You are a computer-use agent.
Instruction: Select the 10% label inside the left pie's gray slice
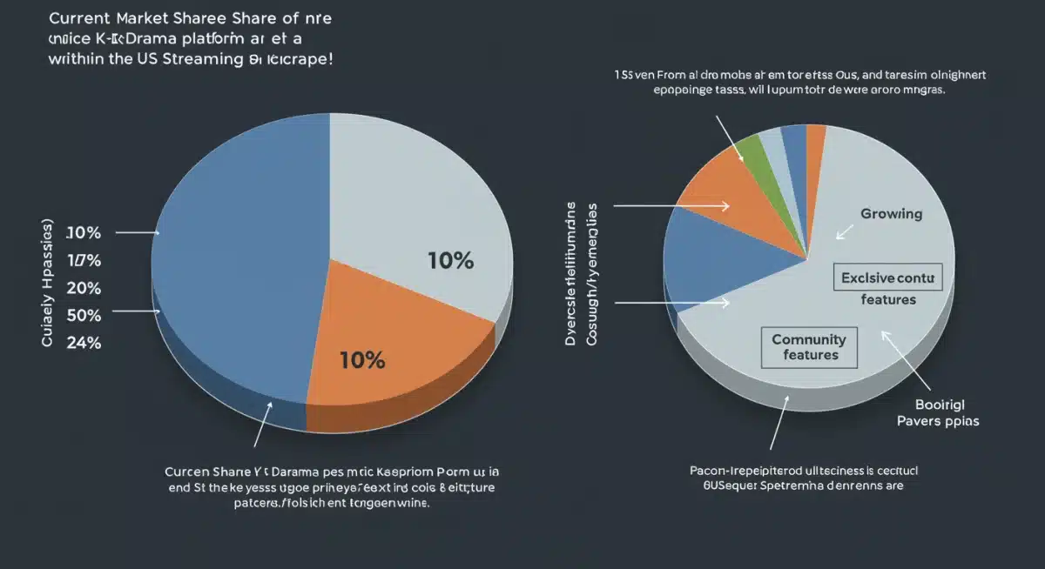450,260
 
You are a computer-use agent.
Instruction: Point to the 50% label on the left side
84,314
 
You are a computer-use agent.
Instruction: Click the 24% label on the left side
84,342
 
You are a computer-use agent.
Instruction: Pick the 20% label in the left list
84,287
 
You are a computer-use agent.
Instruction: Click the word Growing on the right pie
891,214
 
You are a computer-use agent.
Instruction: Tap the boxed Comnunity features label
809,346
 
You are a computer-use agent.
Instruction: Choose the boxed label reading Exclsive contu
887,278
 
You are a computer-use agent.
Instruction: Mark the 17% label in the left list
84,259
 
